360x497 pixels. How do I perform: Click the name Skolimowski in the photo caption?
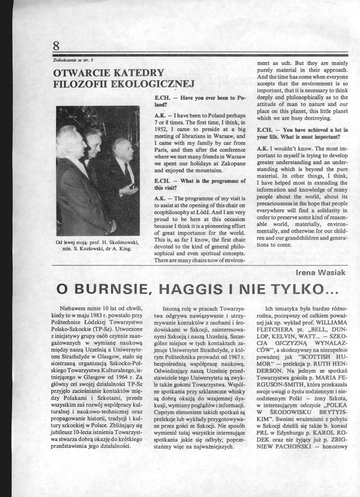(x=122, y=242)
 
